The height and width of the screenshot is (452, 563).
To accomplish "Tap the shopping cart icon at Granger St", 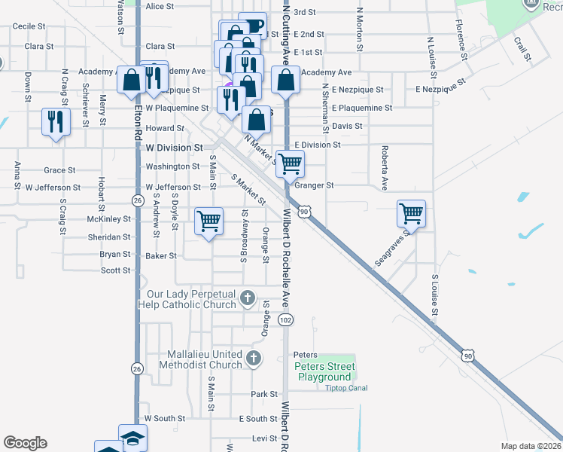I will click(290, 162).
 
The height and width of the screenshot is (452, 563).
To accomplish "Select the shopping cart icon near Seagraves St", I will click(411, 213).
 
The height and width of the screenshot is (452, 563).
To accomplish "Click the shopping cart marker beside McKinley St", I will click(208, 221).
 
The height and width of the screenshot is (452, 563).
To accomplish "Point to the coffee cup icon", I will click(252, 25).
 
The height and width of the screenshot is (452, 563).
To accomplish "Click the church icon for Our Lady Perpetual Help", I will click(247, 299).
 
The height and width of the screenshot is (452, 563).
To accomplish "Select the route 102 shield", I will click(285, 320).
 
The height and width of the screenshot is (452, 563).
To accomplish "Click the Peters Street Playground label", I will click(324, 371).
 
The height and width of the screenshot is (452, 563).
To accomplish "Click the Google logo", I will click(25, 443).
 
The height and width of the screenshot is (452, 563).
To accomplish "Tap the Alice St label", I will click(160, 6).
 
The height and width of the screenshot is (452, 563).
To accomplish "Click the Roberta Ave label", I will click(384, 167).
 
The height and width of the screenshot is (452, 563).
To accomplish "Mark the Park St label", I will click(264, 394).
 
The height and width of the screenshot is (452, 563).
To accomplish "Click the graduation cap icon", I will click(132, 437).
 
